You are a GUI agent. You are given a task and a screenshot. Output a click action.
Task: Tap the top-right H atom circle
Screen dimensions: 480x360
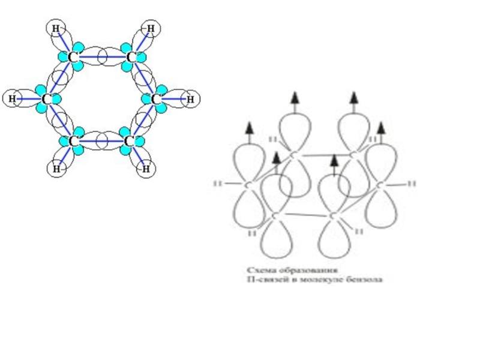point(150,28)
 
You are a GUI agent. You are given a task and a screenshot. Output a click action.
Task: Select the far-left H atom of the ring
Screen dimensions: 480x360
point(12,98)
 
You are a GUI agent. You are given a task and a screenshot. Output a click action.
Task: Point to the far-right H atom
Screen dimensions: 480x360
point(190,98)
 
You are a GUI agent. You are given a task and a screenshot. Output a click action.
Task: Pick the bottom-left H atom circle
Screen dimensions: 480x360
point(56,169)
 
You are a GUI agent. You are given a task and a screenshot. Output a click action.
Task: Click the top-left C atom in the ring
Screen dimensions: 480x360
point(73,58)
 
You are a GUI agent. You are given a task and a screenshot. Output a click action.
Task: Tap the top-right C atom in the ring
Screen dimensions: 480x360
point(130,58)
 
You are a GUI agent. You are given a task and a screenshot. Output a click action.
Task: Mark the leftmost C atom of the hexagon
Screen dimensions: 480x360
point(46,98)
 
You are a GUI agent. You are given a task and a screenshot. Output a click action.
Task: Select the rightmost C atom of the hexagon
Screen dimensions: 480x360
point(157,98)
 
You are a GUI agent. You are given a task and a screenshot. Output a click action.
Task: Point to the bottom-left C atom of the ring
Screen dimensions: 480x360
point(73,141)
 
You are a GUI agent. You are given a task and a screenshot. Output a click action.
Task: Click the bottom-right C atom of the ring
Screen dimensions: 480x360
point(128,141)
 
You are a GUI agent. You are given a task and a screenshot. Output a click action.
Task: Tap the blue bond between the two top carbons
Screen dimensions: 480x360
point(101,58)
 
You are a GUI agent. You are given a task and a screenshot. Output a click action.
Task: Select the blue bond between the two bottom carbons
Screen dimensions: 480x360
point(100,141)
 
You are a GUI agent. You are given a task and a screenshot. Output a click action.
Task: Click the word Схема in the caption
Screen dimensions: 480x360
point(262,269)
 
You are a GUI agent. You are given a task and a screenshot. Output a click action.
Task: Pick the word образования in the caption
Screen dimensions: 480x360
point(308,269)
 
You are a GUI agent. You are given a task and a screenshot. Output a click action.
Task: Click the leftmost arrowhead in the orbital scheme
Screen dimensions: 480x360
point(248,127)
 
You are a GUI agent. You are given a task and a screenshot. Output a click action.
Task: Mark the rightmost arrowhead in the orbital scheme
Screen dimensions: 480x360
point(380,127)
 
